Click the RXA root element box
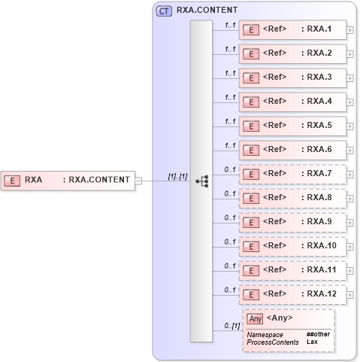(x=68, y=180)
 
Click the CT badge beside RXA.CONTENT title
(x=163, y=11)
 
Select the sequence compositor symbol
(x=201, y=181)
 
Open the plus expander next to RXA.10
(x=351, y=246)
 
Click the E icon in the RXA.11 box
(x=253, y=270)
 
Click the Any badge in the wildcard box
(x=256, y=318)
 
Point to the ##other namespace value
(x=318, y=333)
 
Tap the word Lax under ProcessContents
(x=312, y=342)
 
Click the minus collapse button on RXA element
(x=138, y=180)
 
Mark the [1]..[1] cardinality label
(x=177, y=176)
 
